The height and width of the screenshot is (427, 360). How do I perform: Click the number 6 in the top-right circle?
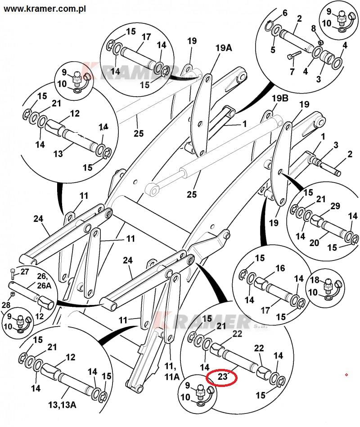tap(284, 13)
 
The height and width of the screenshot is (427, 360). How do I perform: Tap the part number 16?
tap(280, 268)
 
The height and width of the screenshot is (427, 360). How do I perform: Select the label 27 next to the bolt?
tap(24, 272)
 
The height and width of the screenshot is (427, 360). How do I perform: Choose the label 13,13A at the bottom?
tap(63, 405)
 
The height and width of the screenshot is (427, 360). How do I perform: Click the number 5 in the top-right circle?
tap(273, 49)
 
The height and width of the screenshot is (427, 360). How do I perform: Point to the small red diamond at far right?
tap(346, 374)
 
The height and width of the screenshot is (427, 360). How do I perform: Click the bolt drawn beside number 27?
tap(12, 273)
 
